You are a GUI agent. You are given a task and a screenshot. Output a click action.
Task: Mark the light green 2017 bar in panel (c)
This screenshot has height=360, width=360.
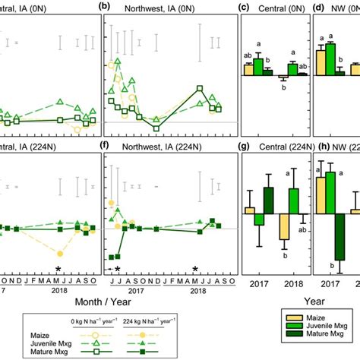[258, 67]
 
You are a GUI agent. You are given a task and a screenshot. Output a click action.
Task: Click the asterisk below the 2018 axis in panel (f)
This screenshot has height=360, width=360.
[195, 269]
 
